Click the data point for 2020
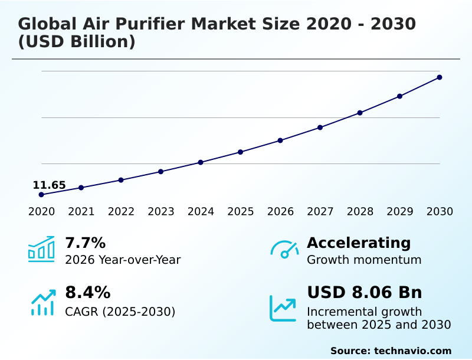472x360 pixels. click(41, 195)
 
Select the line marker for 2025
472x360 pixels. click(241, 152)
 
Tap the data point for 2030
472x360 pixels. click(440, 77)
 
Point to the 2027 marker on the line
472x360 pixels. click(320, 127)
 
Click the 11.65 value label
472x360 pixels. click(49, 185)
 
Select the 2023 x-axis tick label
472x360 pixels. click(161, 212)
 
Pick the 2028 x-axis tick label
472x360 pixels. click(360, 212)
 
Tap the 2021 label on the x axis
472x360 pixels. click(81, 212)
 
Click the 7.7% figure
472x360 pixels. click(85, 243)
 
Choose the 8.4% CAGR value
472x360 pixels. click(87, 293)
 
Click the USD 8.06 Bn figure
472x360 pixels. click(365, 293)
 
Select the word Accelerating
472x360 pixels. click(359, 243)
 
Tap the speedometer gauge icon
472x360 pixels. click(284, 250)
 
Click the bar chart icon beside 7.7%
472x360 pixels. click(41, 249)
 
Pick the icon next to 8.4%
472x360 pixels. click(43, 302)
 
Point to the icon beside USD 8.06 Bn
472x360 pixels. click(283, 308)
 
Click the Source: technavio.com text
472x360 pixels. click(391, 351)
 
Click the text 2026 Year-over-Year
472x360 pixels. click(123, 260)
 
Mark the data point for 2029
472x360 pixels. click(400, 96)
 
